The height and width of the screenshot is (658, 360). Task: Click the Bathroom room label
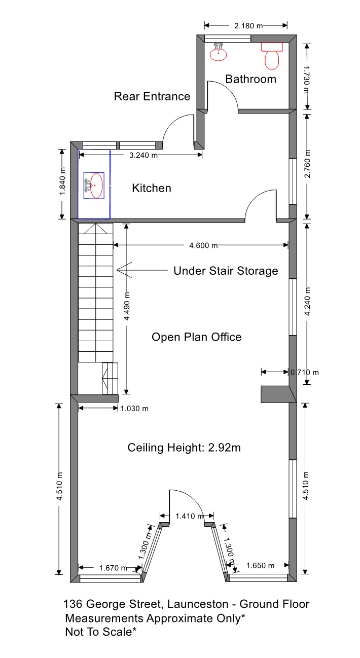(x=250, y=79)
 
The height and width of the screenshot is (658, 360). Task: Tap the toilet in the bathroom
(x=272, y=56)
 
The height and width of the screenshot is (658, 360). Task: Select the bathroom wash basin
(x=219, y=52)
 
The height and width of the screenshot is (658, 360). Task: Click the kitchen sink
(x=94, y=186)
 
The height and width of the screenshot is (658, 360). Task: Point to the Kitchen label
(x=152, y=188)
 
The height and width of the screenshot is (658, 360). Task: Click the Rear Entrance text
(x=152, y=96)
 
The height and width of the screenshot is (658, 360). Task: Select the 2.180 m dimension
(x=248, y=26)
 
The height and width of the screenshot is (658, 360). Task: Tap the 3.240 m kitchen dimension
(x=143, y=155)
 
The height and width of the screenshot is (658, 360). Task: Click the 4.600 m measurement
(x=203, y=245)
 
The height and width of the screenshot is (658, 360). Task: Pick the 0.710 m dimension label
(x=305, y=373)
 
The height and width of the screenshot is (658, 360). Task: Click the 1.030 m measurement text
(x=134, y=408)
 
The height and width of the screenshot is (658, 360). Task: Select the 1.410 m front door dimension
(x=190, y=516)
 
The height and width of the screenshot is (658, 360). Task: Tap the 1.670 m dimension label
(x=114, y=568)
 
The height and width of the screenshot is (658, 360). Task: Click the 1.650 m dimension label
(x=261, y=565)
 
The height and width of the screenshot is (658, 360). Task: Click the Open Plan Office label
(x=197, y=337)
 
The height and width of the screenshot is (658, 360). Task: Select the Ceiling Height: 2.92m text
(x=184, y=448)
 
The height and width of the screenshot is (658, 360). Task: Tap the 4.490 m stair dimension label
(x=127, y=306)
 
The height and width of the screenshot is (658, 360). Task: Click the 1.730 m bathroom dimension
(x=306, y=79)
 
